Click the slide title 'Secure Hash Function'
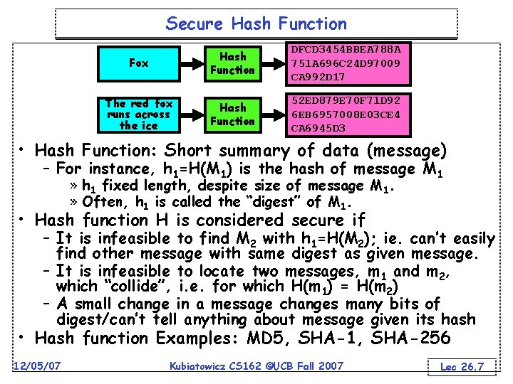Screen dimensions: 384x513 click(256, 23)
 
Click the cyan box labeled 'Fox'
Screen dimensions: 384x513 click(138, 63)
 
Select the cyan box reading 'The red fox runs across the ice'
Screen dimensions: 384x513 click(138, 114)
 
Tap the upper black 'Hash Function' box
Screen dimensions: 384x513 click(232, 63)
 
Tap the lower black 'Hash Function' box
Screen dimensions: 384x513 click(232, 114)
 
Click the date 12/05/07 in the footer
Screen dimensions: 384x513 click(36, 366)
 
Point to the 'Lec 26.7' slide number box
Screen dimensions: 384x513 click(462, 366)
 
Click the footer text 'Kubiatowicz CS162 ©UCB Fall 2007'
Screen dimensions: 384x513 click(256, 366)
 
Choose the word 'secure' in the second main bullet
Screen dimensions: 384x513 click(299, 220)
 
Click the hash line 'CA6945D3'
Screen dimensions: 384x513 click(318, 128)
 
